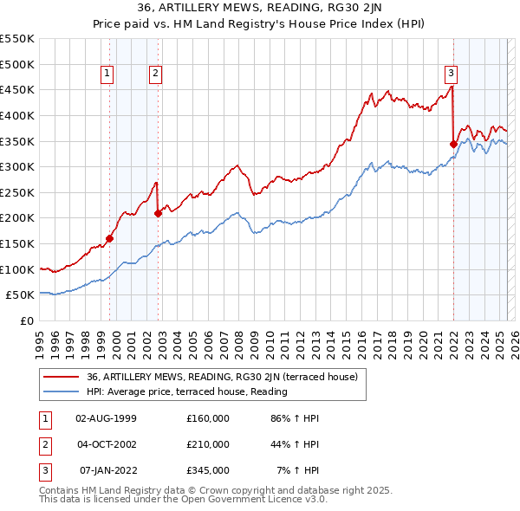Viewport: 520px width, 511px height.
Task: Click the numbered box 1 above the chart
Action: point(107,74)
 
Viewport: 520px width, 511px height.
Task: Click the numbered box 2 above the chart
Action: point(155,74)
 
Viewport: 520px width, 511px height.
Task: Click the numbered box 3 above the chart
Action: point(452,74)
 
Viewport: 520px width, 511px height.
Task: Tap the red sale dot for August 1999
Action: point(110,238)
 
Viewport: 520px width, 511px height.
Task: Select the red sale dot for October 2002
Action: point(158,213)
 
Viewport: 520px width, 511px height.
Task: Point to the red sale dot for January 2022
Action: point(453,144)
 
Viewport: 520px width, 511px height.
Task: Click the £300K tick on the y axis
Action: point(17,166)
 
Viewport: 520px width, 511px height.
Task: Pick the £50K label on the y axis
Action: point(21,294)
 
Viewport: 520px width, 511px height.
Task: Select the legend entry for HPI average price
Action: point(186,392)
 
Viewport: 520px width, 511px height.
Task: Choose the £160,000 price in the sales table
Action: point(208,418)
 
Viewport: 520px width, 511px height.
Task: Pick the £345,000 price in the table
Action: point(208,470)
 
